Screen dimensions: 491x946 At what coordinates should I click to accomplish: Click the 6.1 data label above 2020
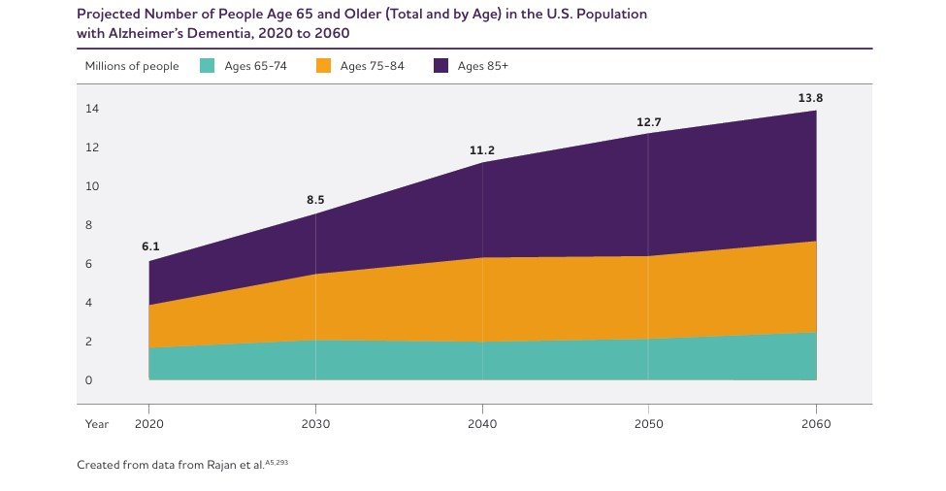pos(150,246)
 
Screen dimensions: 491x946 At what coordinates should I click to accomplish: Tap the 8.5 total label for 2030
pos(315,200)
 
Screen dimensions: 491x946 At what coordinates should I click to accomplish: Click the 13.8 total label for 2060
pos(809,98)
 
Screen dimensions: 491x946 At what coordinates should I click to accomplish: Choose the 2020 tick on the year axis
pos(149,424)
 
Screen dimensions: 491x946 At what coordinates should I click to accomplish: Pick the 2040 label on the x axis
pos(482,424)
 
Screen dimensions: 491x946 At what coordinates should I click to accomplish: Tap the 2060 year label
pos(816,424)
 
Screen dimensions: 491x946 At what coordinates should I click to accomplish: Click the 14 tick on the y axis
pos(91,109)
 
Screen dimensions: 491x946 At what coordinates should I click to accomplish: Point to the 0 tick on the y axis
pos(88,380)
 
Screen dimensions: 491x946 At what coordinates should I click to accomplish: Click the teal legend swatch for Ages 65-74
pos(207,66)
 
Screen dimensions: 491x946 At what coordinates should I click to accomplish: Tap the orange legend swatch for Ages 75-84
pos(324,66)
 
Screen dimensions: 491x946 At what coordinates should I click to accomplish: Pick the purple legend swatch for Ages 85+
pos(441,66)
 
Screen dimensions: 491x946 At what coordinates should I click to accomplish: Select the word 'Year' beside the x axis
pos(96,424)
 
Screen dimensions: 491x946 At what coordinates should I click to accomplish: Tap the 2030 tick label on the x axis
pos(315,424)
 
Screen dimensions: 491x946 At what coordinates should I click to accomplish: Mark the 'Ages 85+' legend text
pos(483,66)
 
